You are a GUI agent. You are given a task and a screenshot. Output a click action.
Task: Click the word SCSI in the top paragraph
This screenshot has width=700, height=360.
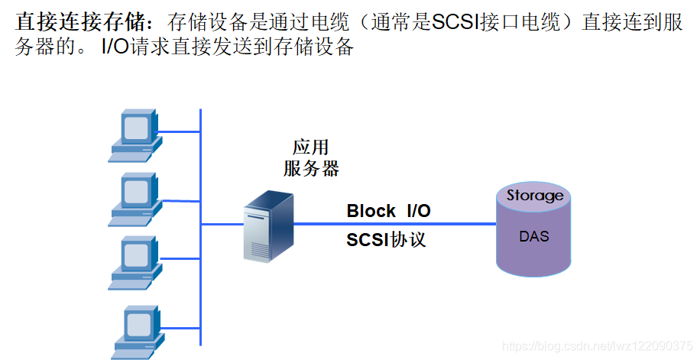point(453,22)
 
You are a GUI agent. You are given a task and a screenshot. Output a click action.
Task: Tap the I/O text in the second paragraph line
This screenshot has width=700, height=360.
point(115,47)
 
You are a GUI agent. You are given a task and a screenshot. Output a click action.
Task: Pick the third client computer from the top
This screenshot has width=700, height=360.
point(135,262)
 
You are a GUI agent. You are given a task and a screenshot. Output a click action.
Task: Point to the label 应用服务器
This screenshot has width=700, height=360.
point(311,158)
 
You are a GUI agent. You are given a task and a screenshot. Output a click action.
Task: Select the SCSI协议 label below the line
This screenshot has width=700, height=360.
point(386,240)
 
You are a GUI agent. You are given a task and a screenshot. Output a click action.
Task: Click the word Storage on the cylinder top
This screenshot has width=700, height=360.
point(535,196)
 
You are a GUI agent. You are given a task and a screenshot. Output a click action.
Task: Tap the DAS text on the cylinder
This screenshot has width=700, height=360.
point(534,236)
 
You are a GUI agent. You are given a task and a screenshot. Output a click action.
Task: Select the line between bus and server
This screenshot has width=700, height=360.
point(222,225)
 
